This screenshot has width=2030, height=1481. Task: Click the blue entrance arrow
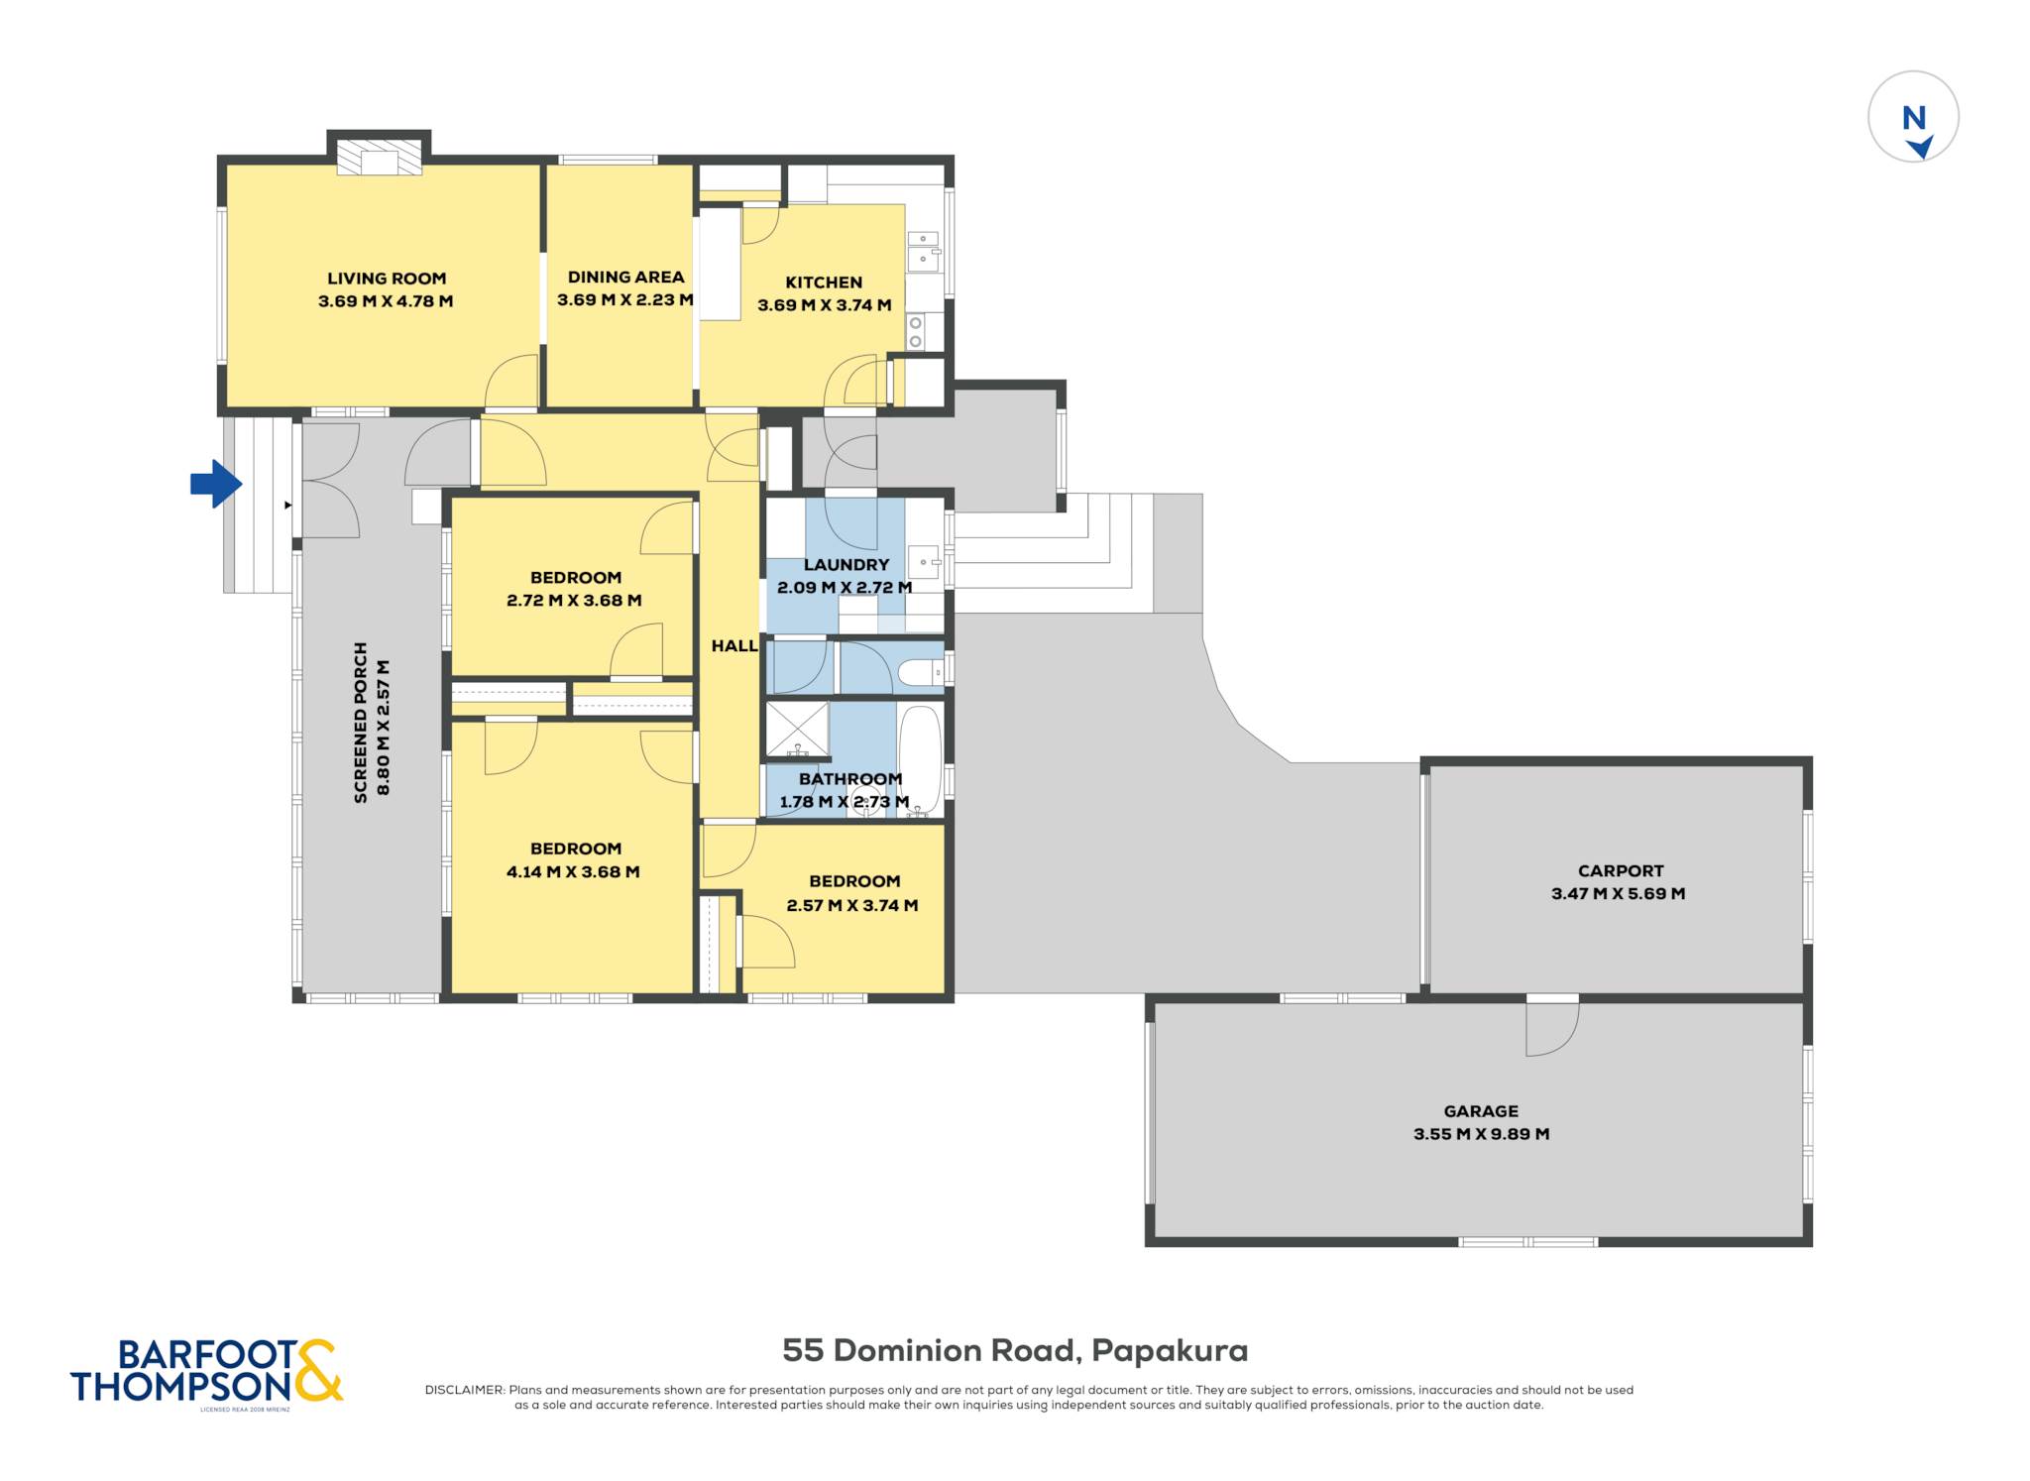coord(216,484)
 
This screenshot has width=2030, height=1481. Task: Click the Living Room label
coord(387,279)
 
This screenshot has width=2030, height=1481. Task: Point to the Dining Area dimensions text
coord(624,299)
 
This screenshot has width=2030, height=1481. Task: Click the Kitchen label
coord(824,283)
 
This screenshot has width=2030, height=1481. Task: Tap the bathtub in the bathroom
coord(921,759)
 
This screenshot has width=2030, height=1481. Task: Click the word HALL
coord(734,646)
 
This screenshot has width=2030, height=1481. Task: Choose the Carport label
coord(1621,871)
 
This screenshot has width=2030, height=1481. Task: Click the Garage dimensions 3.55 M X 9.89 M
coord(1481,1134)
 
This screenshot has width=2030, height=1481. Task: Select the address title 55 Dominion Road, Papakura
coord(1015,1350)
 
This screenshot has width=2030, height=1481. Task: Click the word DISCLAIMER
coord(464,1390)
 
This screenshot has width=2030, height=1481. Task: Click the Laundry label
coord(846,565)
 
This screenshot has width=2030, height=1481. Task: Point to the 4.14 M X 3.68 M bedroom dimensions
coord(573,872)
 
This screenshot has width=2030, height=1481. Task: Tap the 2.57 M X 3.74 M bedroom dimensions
coord(852,905)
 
